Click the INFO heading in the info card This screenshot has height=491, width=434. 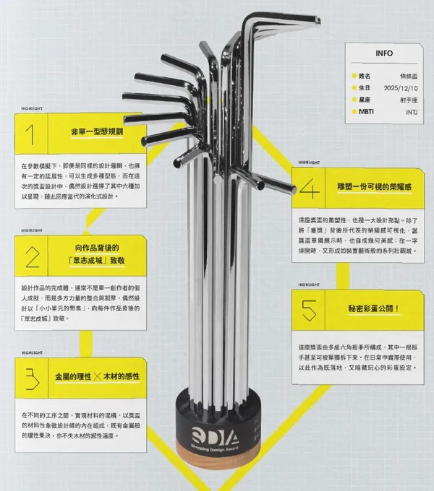(x=385, y=53)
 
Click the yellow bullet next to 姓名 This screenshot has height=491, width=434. (x=352, y=75)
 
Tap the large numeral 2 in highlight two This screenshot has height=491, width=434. (x=32, y=256)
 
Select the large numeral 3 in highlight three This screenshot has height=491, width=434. (x=31, y=378)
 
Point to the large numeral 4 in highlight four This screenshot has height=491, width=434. (x=309, y=188)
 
